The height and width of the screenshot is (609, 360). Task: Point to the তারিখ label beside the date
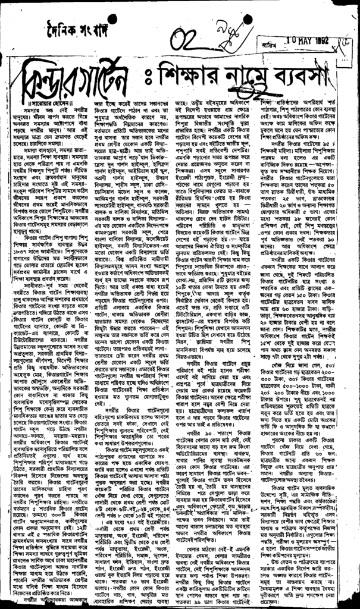(258, 51)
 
